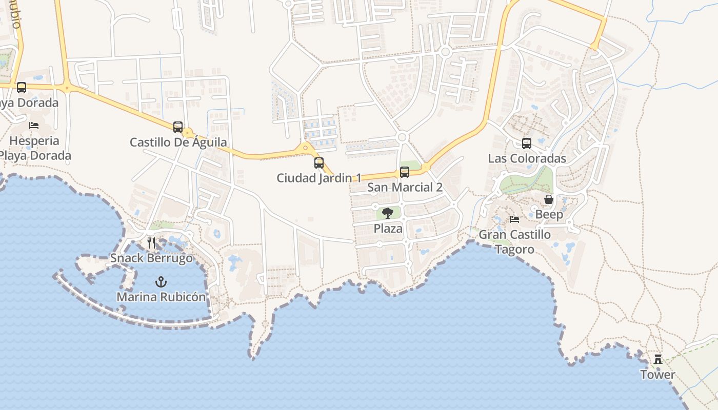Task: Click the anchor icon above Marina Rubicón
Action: (x=161, y=282)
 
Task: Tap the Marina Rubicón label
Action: (x=161, y=297)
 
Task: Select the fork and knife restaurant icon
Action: (x=151, y=243)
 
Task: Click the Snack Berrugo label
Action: (x=151, y=258)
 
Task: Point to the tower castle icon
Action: (x=657, y=359)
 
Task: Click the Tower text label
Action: (x=657, y=375)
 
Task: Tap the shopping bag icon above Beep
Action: (x=549, y=199)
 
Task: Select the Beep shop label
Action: (x=549, y=214)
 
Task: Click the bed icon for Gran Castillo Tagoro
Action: (x=514, y=219)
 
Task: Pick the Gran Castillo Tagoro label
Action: (x=514, y=242)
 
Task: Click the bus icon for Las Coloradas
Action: (x=527, y=143)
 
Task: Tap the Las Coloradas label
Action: (x=527, y=158)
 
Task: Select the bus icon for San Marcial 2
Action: (x=405, y=172)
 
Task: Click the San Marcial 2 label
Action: (x=405, y=187)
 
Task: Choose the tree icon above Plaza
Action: (x=388, y=213)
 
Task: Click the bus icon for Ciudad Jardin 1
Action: (x=319, y=163)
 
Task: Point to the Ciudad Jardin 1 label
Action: (x=319, y=178)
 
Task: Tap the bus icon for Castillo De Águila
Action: (x=178, y=127)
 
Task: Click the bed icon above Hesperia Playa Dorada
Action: (x=34, y=126)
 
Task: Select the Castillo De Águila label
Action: (x=178, y=142)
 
